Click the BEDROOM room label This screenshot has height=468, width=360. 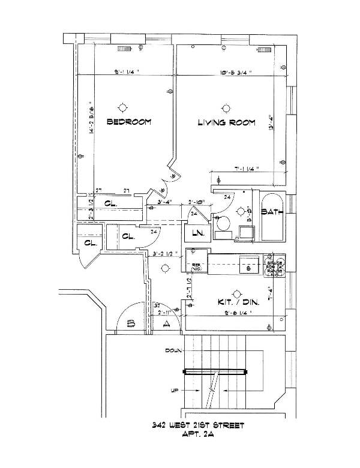(128, 122)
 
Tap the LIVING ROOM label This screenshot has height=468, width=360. (227, 123)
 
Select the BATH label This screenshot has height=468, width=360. (272, 212)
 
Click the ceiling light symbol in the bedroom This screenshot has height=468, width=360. (123, 107)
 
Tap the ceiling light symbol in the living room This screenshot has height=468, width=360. (226, 108)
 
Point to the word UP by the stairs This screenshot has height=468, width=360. (176, 391)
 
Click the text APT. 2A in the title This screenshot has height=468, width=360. (197, 436)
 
